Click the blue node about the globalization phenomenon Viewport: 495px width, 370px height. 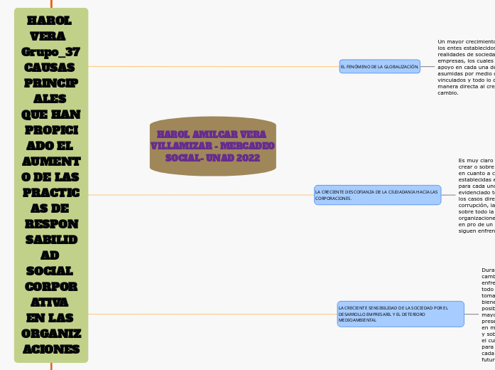pos(379,66)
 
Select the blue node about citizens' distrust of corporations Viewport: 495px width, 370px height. pos(377,195)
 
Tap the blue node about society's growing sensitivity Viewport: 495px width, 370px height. pos(401,314)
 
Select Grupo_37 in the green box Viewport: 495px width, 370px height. pos(51,52)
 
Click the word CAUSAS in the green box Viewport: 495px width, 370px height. pos(51,68)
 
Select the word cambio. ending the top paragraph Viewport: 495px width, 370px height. pos(448,92)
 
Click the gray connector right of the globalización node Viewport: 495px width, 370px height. pos(428,66)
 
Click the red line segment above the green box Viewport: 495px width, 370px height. pos(51,4)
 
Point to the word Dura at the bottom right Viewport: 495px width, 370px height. pos(488,270)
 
